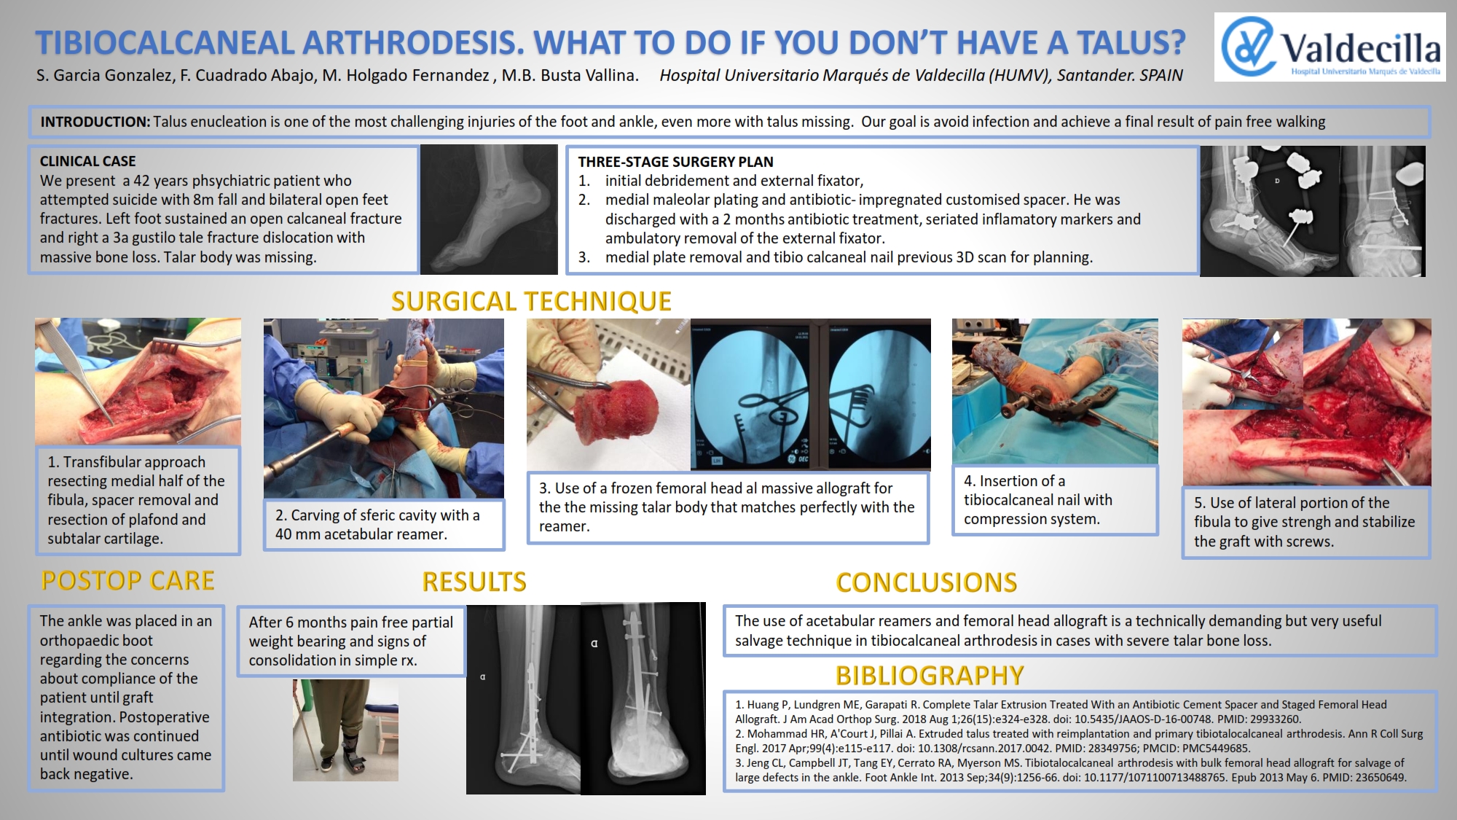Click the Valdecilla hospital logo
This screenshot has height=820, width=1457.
(1330, 46)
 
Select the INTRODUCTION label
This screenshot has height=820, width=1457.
(95, 122)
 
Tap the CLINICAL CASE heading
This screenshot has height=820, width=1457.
(87, 161)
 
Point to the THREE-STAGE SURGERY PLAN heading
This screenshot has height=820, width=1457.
(675, 162)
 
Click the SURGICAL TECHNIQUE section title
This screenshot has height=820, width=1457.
(531, 301)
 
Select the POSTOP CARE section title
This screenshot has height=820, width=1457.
(127, 580)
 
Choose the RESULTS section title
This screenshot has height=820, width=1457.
(474, 582)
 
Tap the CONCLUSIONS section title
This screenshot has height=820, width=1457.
(926, 582)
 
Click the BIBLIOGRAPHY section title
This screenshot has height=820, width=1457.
(930, 676)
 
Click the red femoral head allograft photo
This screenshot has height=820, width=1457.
(608, 394)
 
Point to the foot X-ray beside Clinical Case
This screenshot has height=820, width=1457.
(489, 209)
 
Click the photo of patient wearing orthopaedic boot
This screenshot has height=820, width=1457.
(345, 730)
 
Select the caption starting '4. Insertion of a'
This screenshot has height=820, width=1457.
(1037, 500)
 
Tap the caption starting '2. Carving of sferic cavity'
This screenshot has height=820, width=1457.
(377, 525)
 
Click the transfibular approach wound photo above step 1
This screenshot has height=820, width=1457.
(138, 382)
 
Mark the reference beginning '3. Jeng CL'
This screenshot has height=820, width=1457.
(1070, 770)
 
